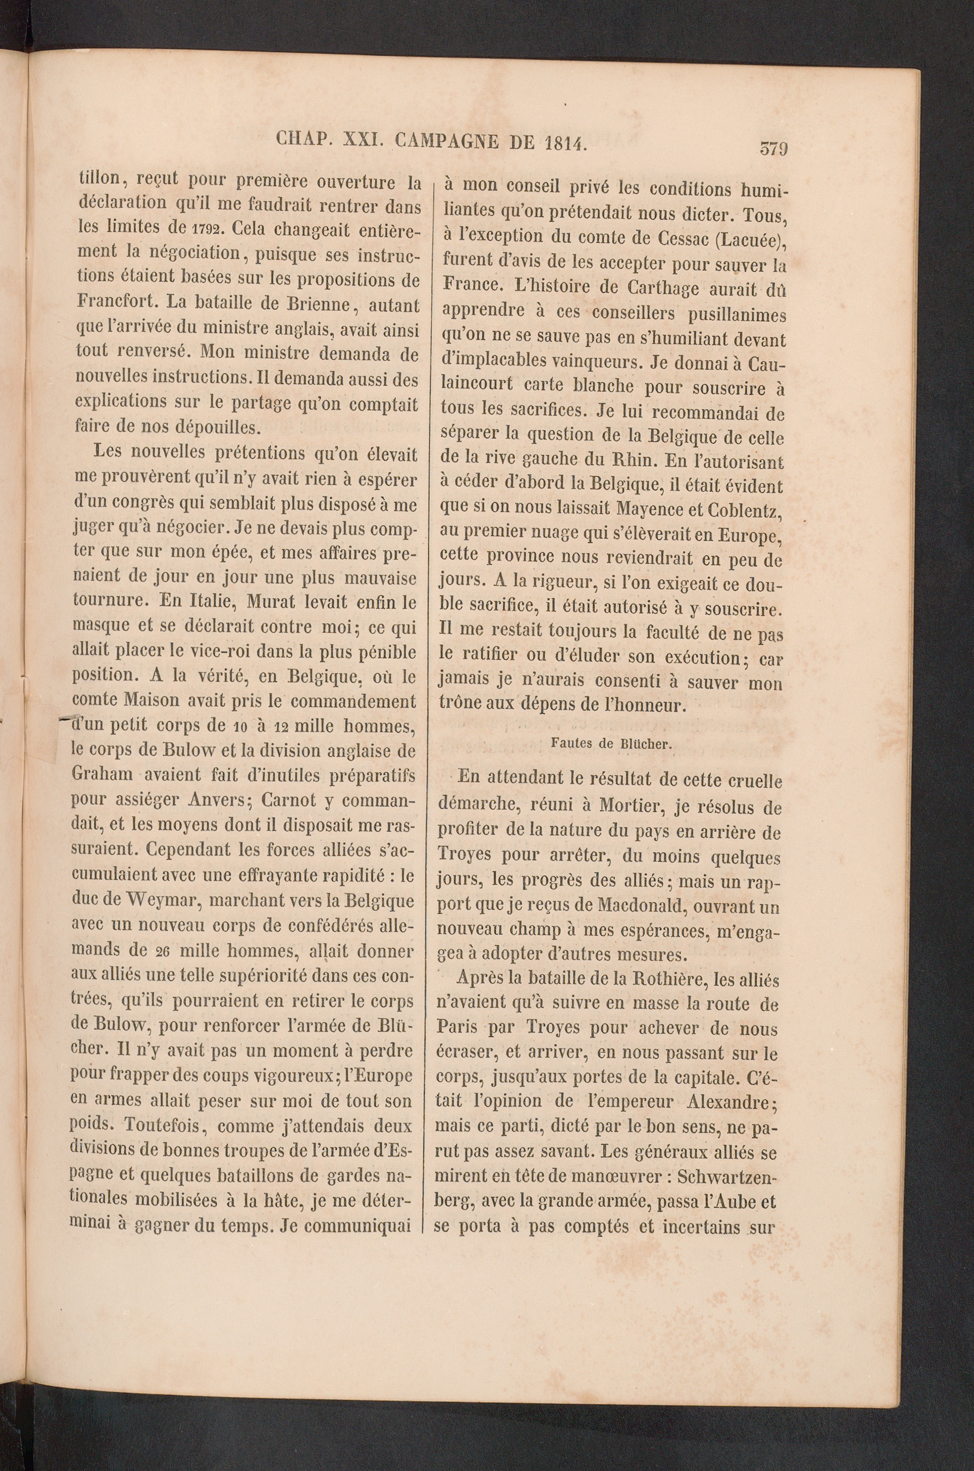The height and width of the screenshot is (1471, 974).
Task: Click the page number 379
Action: pos(773,149)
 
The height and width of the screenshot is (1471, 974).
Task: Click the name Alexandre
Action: pos(730,1103)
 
